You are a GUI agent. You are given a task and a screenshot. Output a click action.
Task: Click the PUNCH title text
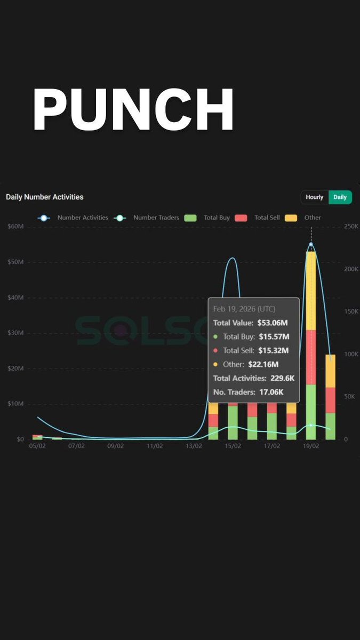coord(133,110)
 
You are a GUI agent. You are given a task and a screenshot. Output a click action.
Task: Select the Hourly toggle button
coord(314,197)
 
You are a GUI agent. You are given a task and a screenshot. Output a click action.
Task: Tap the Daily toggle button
coord(340,197)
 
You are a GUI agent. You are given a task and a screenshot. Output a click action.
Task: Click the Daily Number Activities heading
coord(45,197)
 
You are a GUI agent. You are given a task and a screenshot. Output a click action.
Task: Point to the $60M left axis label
coord(15,227)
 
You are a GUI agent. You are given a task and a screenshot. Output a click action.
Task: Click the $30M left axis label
coord(15,333)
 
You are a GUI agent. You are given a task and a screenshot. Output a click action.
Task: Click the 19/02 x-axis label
coord(311,446)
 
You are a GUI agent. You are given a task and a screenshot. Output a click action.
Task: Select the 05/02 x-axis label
coord(37,446)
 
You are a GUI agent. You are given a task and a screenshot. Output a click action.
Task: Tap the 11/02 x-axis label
coord(155,446)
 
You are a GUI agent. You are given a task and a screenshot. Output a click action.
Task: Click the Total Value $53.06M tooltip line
coord(251,323)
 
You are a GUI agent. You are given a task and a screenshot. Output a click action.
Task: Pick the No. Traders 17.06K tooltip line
coord(249,392)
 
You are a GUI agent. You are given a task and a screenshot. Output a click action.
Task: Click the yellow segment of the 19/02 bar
coord(311,291)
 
